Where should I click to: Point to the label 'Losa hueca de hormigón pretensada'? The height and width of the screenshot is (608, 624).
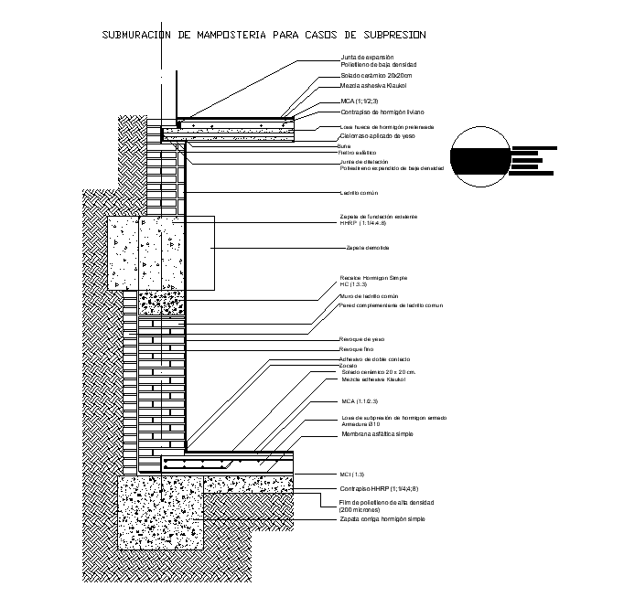387,127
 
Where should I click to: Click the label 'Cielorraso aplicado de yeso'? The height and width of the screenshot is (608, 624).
374,134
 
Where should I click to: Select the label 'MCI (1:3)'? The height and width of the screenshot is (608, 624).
352,475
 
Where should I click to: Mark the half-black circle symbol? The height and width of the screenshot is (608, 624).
479,157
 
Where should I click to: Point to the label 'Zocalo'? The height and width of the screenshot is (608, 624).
348,366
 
